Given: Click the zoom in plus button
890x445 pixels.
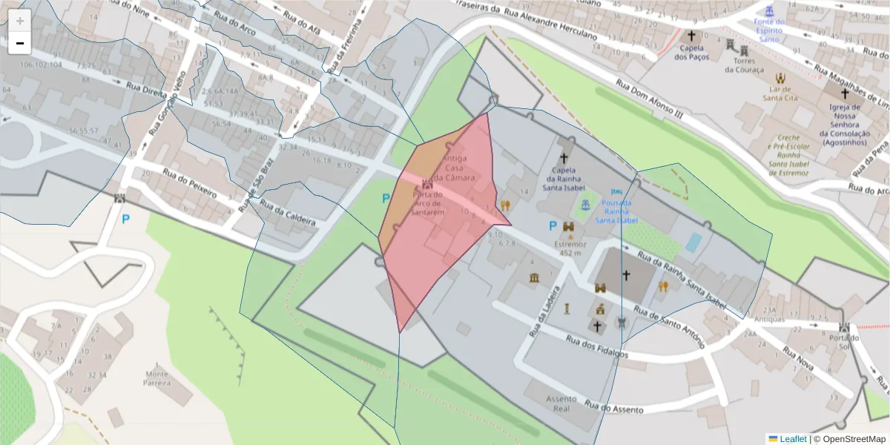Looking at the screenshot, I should (19, 20).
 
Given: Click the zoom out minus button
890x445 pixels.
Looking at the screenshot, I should (19, 43).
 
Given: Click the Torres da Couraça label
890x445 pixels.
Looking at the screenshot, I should (743, 65).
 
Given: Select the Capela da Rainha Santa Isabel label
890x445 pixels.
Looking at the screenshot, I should (564, 178).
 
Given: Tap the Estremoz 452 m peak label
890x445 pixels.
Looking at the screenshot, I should (570, 248).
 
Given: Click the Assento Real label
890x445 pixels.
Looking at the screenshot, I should (561, 403).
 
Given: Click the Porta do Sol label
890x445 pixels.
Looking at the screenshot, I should (844, 343).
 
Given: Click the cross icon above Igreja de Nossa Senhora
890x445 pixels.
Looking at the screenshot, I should (844, 94).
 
